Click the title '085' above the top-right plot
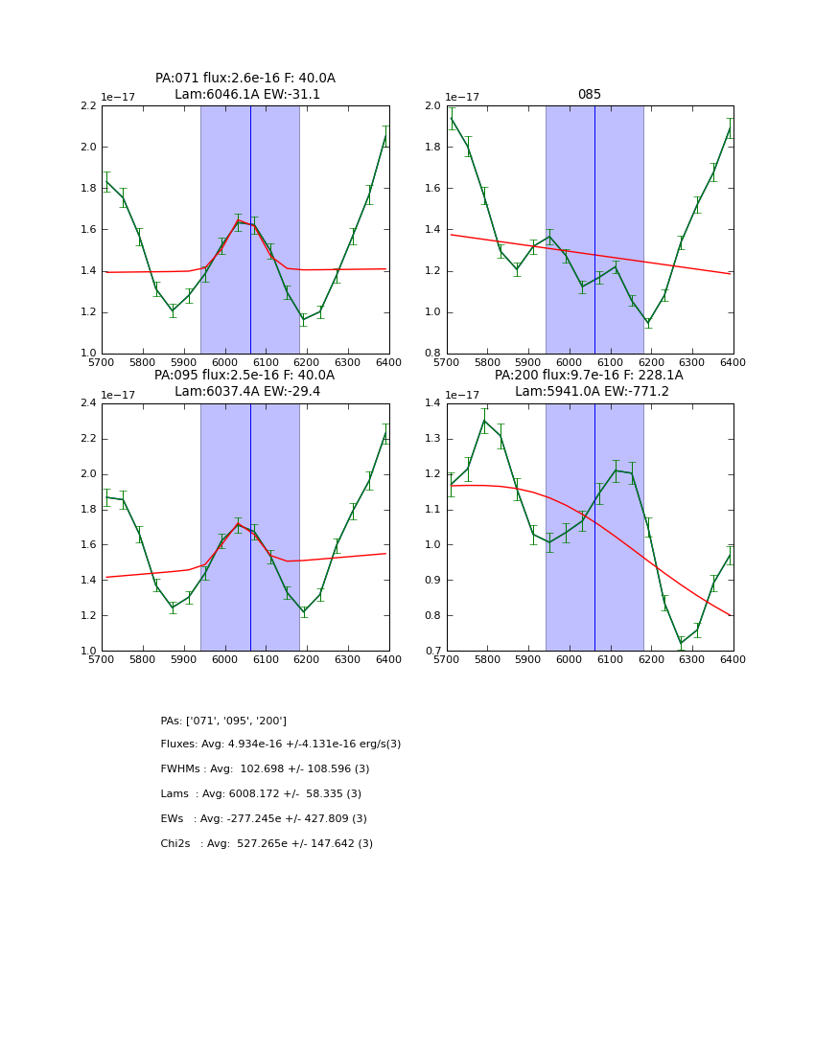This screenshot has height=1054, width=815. [x=589, y=95]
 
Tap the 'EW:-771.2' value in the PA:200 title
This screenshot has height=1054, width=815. [x=637, y=391]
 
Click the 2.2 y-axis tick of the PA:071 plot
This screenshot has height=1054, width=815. [x=87, y=106]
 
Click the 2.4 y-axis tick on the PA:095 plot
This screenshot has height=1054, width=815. [x=87, y=403]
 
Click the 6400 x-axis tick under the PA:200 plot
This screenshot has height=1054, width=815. [x=733, y=660]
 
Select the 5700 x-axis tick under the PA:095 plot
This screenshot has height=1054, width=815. [x=102, y=660]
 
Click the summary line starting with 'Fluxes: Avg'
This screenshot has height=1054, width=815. [x=281, y=745]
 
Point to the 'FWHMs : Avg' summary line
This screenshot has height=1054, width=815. [x=265, y=769]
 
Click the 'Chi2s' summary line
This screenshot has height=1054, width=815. [x=267, y=844]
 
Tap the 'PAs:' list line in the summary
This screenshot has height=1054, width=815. [x=223, y=721]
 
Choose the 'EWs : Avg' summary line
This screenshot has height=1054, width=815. [x=264, y=819]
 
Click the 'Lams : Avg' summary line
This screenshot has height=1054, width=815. [x=261, y=794]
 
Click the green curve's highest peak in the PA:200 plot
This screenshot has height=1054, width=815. [x=484, y=421]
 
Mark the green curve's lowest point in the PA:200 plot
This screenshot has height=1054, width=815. [x=681, y=644]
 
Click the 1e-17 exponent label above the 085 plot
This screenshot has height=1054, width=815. [x=463, y=97]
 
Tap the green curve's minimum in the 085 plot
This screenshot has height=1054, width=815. [x=648, y=323]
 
